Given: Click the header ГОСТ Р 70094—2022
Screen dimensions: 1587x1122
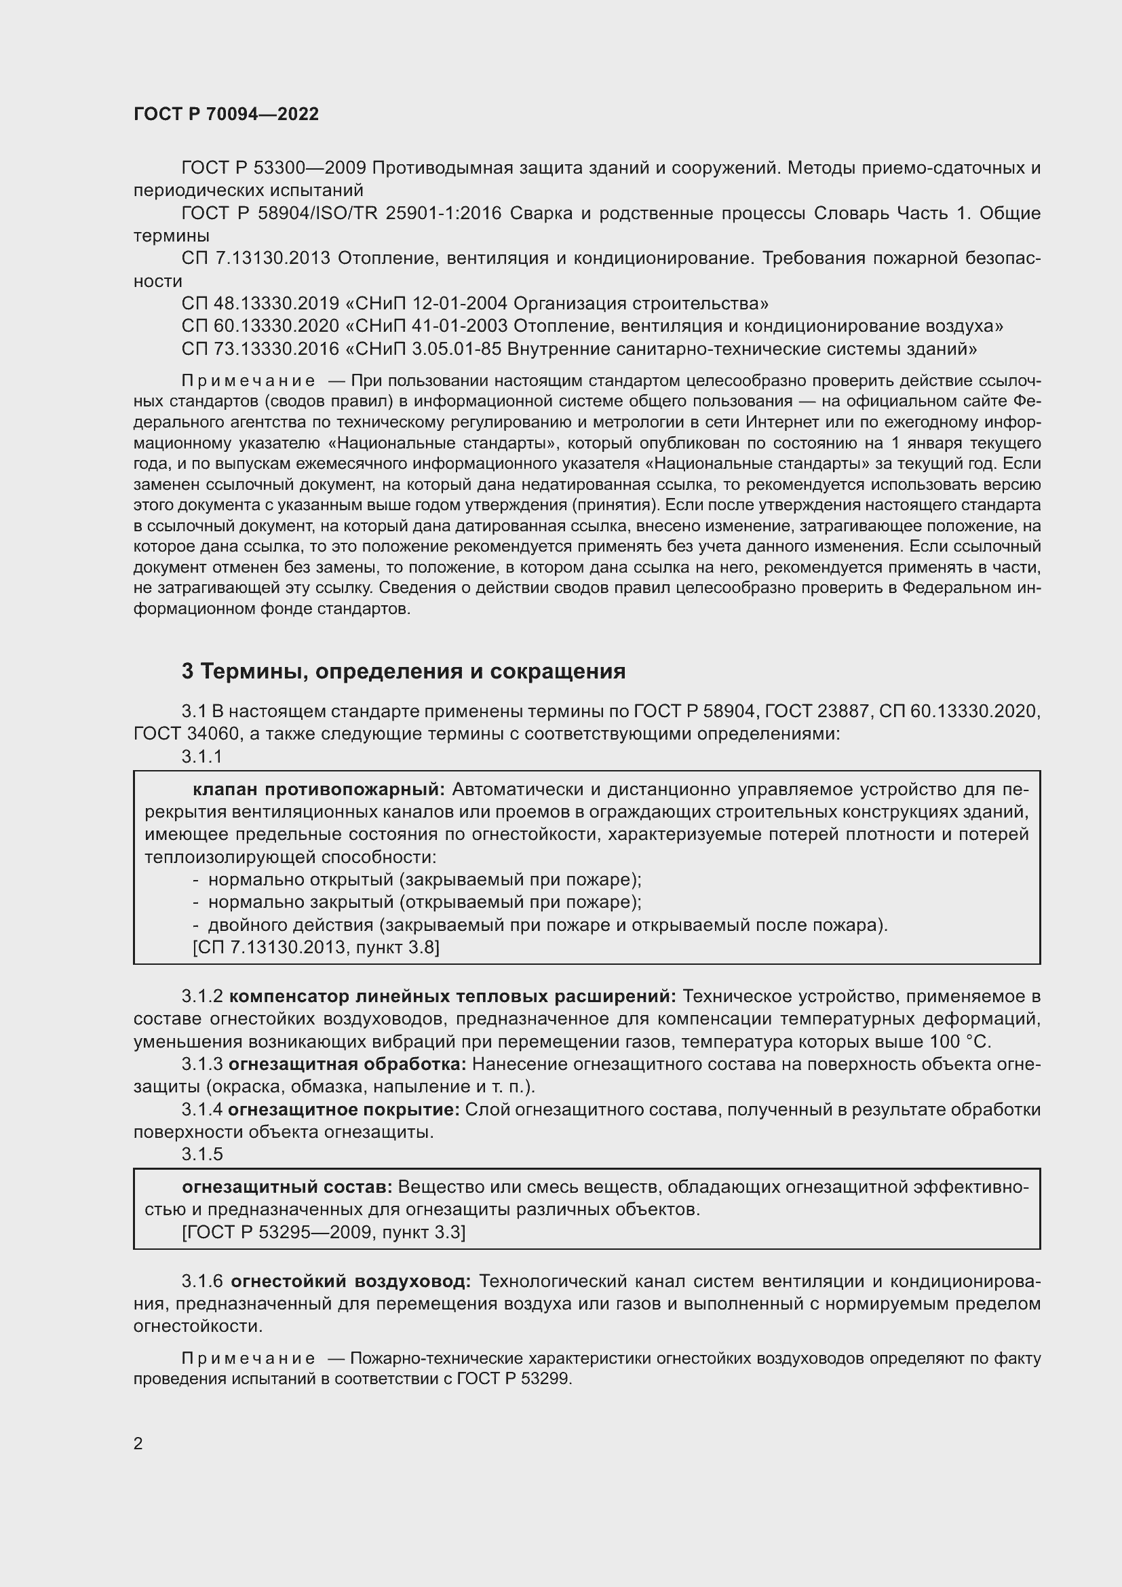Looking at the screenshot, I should coord(226,115).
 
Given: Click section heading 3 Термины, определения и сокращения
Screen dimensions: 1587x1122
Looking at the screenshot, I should coord(404,671).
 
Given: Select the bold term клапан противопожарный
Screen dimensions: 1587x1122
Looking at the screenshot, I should coord(320,789).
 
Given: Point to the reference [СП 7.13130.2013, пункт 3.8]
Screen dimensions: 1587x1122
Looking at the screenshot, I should coord(315,947).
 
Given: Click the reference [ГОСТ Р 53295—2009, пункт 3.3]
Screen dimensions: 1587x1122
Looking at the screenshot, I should coord(324,1231).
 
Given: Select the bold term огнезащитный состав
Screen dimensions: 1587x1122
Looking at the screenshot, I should coord(287,1187).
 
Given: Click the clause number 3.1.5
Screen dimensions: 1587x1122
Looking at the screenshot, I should coord(201,1153).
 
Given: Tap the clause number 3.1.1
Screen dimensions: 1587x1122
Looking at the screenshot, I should coord(201,757).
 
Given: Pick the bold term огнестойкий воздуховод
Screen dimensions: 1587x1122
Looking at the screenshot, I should coord(350,1282).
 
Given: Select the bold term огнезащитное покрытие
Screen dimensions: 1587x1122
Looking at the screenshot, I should coord(343,1109).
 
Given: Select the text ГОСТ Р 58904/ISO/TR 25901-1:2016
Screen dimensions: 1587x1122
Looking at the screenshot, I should coord(341,214).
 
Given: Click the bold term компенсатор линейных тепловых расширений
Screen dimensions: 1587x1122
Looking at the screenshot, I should coord(452,997).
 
